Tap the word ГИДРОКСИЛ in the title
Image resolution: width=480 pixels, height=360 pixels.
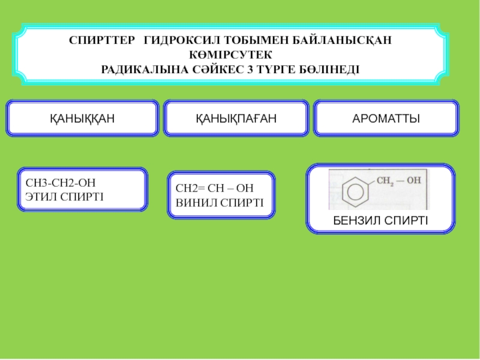(x=181, y=40)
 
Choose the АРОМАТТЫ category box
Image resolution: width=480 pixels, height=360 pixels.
(x=386, y=118)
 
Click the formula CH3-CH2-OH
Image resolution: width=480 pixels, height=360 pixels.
(x=60, y=182)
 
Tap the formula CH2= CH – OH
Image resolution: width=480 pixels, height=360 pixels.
(x=214, y=188)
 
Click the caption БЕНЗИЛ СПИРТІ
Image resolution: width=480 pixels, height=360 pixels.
(x=380, y=220)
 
